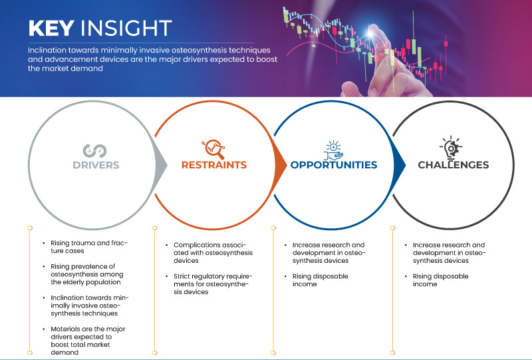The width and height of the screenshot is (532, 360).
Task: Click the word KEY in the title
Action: coord(51,28)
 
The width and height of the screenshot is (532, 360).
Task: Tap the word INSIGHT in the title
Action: coord(126,28)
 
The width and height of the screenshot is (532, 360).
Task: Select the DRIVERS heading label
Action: coord(96,165)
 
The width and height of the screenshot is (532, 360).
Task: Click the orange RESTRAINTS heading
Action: coord(214,165)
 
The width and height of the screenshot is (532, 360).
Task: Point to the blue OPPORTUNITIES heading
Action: coord(334,165)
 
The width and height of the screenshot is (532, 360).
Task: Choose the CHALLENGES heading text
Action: coord(454,165)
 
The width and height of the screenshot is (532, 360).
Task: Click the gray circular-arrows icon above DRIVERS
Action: coord(94,151)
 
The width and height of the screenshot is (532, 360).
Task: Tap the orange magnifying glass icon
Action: coord(213,149)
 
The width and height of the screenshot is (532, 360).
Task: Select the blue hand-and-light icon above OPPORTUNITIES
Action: coord(333,150)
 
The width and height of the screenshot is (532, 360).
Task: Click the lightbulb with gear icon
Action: coord(451,147)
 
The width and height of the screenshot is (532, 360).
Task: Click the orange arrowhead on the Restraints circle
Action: coord(280,166)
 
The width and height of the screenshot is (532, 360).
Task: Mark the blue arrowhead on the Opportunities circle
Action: coord(400,166)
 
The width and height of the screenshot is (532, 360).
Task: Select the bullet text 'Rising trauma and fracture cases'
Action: coord(89,247)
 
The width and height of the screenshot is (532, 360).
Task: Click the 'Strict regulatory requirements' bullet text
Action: coord(213,284)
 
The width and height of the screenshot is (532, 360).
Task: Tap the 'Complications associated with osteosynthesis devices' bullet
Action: coord(213,253)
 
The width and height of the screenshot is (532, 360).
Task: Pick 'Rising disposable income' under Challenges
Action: coord(440,280)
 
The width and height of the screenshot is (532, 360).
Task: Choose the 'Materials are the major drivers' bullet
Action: coord(88,341)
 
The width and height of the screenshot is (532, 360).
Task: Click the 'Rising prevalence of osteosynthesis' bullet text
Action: coord(87,274)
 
